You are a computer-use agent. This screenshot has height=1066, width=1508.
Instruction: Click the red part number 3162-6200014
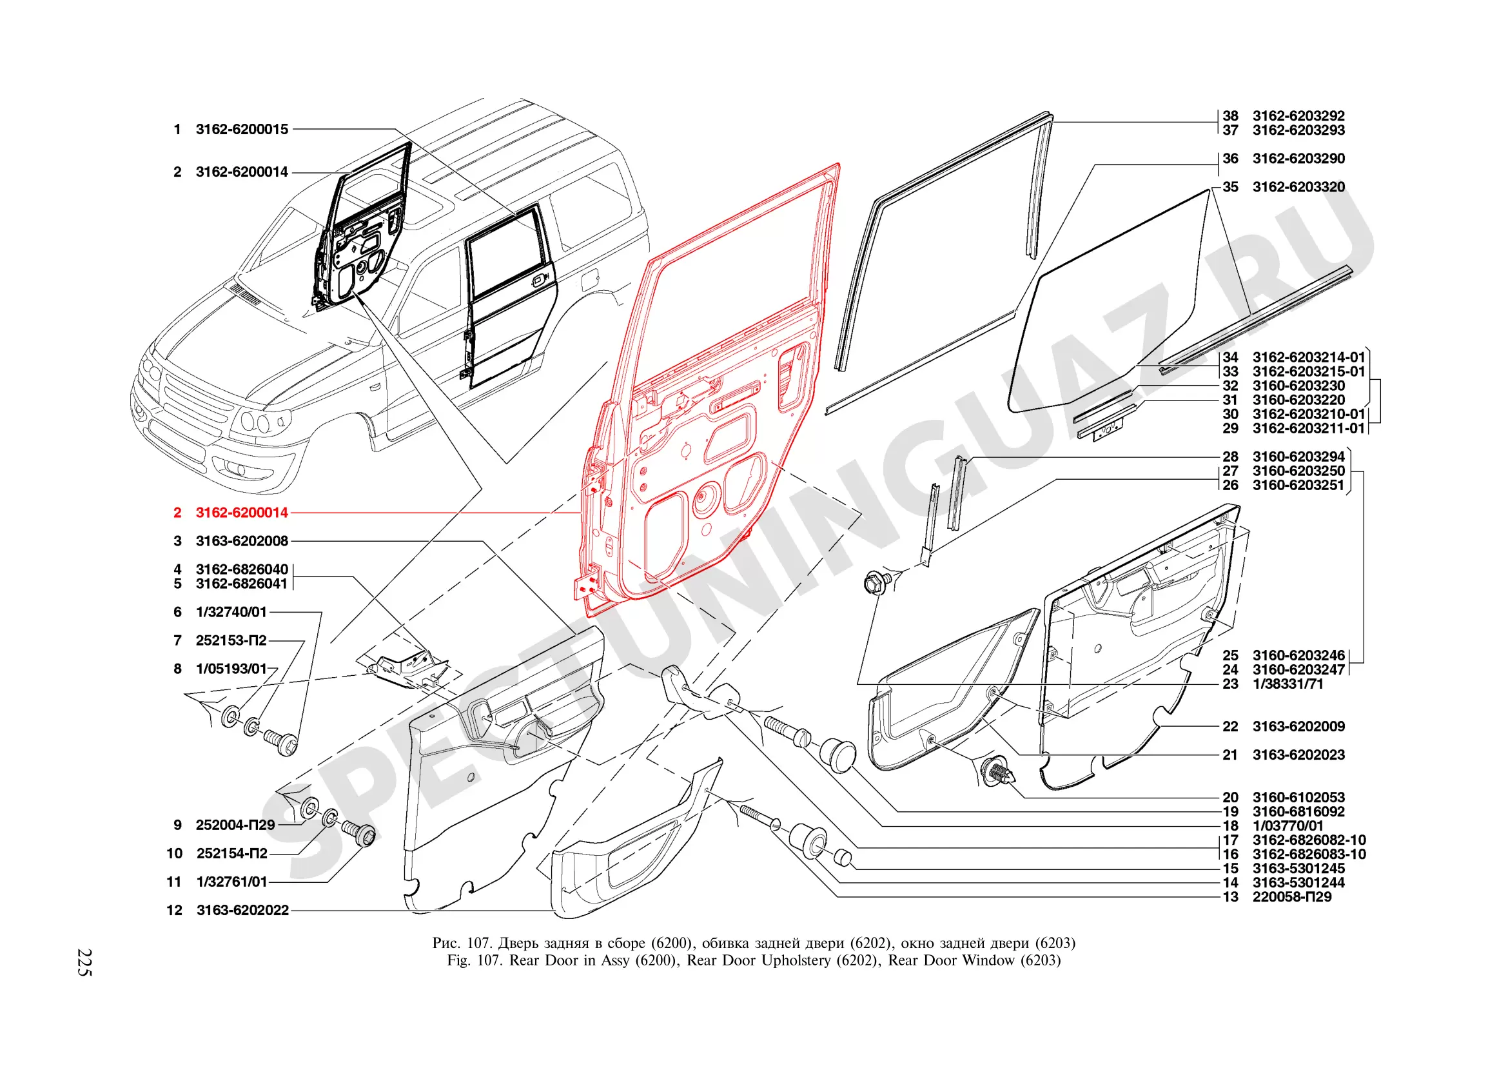tap(242, 513)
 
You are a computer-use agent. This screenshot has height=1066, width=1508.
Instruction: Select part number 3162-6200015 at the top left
tap(242, 130)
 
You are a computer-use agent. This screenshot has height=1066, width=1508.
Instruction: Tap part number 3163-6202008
tap(242, 541)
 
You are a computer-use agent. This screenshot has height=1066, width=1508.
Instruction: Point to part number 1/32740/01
tap(231, 612)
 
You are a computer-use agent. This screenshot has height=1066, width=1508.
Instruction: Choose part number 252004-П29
tap(235, 825)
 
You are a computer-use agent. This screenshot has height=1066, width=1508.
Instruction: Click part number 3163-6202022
tap(242, 911)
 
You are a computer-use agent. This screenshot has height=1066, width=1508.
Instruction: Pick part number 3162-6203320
tap(1298, 187)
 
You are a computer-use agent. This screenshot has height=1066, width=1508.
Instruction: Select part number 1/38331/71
tap(1288, 684)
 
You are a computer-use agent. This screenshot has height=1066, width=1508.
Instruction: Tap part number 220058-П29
tap(1292, 897)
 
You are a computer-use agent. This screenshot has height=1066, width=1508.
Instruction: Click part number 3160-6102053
tap(1298, 797)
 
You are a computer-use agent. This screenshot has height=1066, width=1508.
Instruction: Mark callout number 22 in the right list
tap(1230, 726)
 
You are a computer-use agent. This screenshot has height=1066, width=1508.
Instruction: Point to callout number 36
tap(1230, 159)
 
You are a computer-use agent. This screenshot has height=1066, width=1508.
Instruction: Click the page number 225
tap(84, 962)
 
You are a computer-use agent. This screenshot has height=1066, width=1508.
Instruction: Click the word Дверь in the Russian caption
tap(518, 943)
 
